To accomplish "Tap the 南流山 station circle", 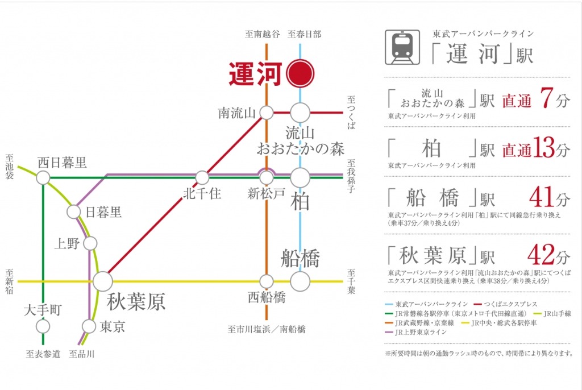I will pyautogui.click(x=267, y=113).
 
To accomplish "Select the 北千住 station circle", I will pyautogui.click(x=202, y=177).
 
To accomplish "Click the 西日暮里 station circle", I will pyautogui.click(x=43, y=177).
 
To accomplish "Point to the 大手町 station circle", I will pyautogui.click(x=43, y=326).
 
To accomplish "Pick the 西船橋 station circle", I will pyautogui.click(x=267, y=281).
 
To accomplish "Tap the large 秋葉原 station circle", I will pyautogui.click(x=103, y=281).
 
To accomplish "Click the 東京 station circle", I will pyautogui.click(x=89, y=326).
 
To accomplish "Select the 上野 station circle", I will pyautogui.click(x=90, y=244).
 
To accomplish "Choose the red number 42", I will pyautogui.click(x=541, y=255).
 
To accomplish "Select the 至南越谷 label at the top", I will pyautogui.click(x=263, y=34).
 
